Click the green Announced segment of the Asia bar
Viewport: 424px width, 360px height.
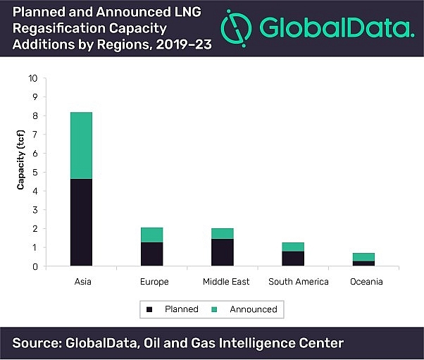click(x=81, y=145)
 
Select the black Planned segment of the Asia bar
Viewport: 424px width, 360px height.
click(x=81, y=222)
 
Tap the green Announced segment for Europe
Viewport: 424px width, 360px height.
click(x=151, y=235)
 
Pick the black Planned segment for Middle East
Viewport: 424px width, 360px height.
click(x=222, y=252)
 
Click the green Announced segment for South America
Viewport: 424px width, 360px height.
click(x=292, y=247)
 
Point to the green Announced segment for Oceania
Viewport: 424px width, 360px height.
click(x=363, y=257)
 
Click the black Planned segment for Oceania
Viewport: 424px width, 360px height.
click(x=363, y=263)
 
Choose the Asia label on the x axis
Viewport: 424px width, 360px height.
click(x=81, y=282)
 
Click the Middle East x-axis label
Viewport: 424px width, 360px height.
click(x=222, y=282)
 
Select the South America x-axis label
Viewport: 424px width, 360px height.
click(x=299, y=282)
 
